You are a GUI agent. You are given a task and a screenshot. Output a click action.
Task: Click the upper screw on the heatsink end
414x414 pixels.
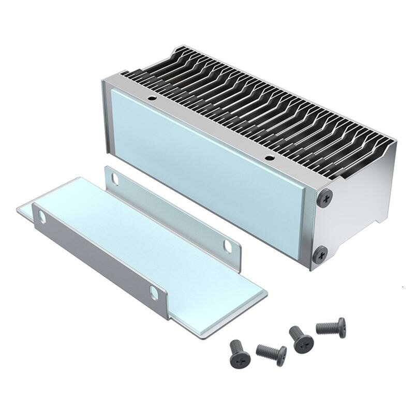tap(325, 197)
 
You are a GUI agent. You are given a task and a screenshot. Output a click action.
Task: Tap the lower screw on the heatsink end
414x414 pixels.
tap(320, 254)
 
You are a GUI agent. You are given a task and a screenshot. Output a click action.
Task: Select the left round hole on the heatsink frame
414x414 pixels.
tap(152, 98)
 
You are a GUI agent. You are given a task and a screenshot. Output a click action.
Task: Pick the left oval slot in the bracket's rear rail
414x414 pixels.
tap(115, 180)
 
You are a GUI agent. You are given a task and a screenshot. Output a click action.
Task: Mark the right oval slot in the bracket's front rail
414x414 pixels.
tap(154, 293)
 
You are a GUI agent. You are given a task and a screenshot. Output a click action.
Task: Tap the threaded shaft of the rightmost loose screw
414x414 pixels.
tap(327, 327)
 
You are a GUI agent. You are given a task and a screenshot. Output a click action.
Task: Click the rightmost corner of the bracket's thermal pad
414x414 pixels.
tap(267, 293)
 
